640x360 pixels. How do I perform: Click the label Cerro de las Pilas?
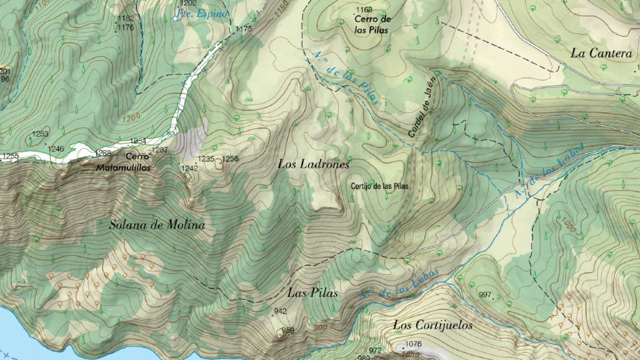(x=373, y=24)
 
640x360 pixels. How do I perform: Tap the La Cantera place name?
(x=601, y=53)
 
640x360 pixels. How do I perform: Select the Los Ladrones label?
(x=313, y=164)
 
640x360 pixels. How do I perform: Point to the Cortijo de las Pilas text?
(x=379, y=186)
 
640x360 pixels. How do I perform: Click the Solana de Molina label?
(x=157, y=225)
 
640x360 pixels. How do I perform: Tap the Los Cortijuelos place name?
(x=433, y=325)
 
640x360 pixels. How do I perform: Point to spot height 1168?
(x=364, y=9)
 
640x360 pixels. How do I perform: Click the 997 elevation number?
(x=484, y=295)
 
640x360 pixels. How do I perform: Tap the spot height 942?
(x=280, y=311)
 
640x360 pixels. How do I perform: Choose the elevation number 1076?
(x=413, y=344)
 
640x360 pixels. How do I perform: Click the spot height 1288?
(x=104, y=152)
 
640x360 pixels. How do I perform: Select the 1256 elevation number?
(x=230, y=159)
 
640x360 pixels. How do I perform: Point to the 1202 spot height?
(x=189, y=3)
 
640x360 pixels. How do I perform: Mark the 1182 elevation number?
(x=125, y=19)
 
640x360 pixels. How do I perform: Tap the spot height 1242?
(x=189, y=168)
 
